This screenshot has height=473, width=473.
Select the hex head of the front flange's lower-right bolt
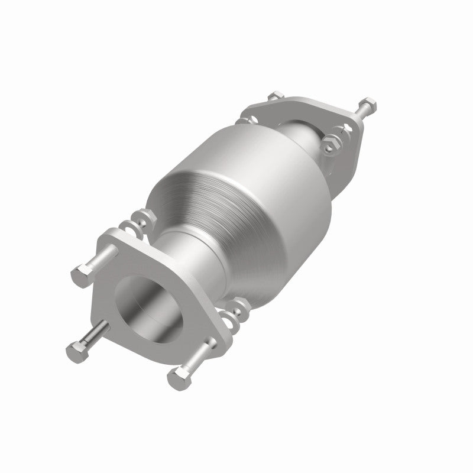178,375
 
